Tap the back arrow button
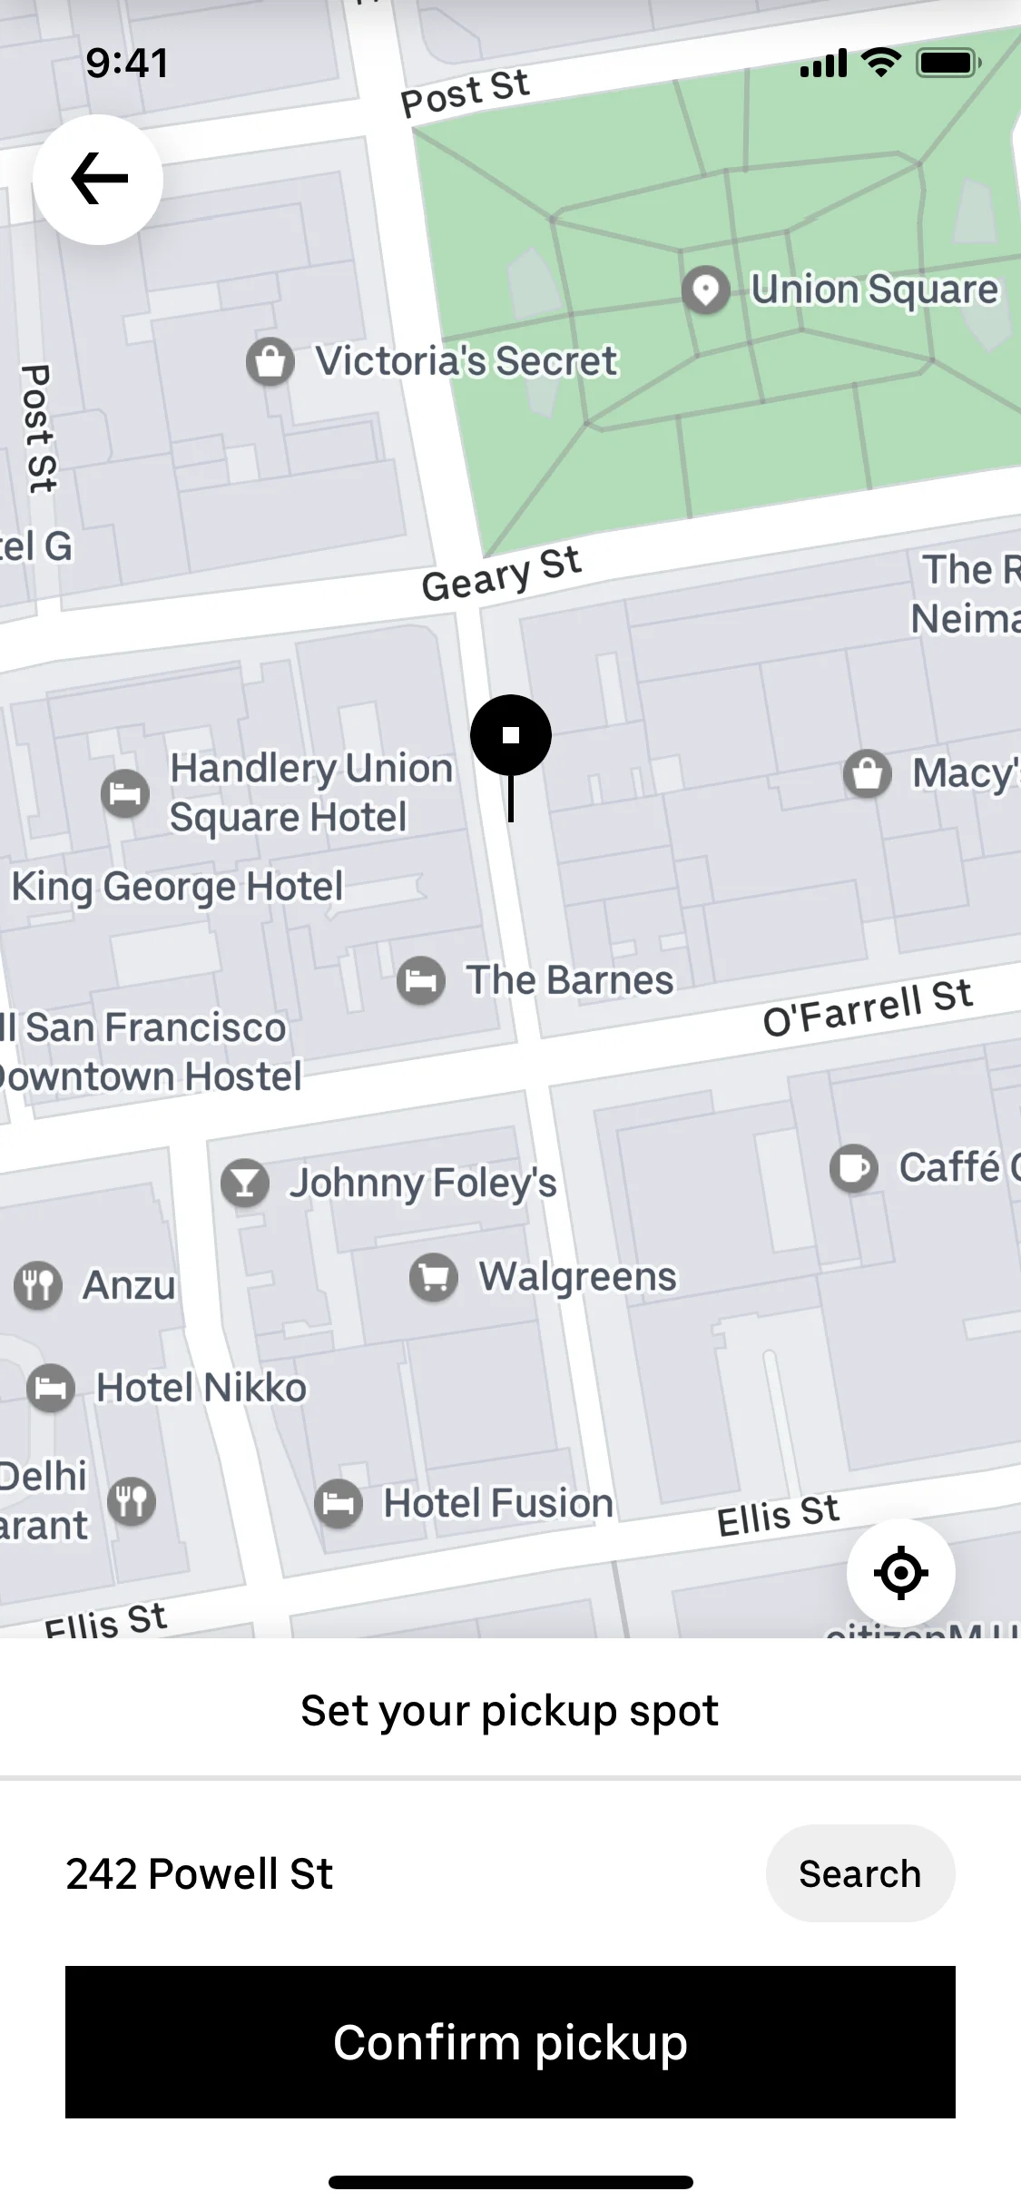pyautogui.click(x=98, y=179)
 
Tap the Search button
pyautogui.click(x=859, y=1873)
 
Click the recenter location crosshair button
pyautogui.click(x=900, y=1573)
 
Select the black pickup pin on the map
pyautogui.click(x=511, y=735)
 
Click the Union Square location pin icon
pyautogui.click(x=705, y=290)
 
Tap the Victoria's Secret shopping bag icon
pyautogui.click(x=270, y=362)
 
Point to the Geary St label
pyautogui.click(x=501, y=575)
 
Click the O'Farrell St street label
pyautogui.click(x=867, y=1007)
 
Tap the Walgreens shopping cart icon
pyautogui.click(x=434, y=1277)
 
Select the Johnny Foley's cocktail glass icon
pyautogui.click(x=245, y=1184)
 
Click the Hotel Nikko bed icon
pyautogui.click(x=51, y=1388)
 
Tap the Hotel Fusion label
pyautogui.click(x=498, y=1503)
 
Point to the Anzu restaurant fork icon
pyautogui.click(x=38, y=1285)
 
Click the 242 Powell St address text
pyautogui.click(x=200, y=1873)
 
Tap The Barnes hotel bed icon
pyautogui.click(x=421, y=980)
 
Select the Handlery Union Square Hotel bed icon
pyautogui.click(x=125, y=794)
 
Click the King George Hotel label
pyautogui.click(x=178, y=887)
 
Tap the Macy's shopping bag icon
pyautogui.click(x=868, y=774)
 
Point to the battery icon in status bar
pyautogui.click(x=948, y=64)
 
